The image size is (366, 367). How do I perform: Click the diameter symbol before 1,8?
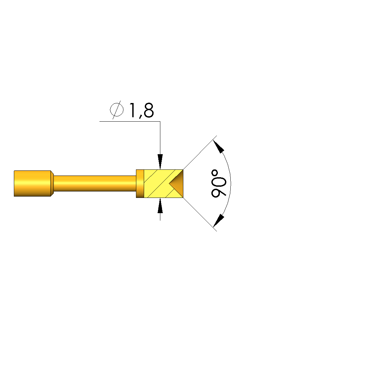click(x=117, y=109)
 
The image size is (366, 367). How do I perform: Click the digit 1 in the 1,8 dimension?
click(x=133, y=110)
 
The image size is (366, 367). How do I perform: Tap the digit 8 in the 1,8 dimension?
click(x=149, y=110)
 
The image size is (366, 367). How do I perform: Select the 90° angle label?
click(x=219, y=184)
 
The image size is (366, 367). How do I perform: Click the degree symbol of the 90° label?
click(x=215, y=174)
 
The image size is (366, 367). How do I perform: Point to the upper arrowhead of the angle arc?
click(x=219, y=146)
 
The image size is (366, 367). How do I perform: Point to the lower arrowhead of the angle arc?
click(x=219, y=221)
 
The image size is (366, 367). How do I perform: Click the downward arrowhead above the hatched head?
click(x=160, y=162)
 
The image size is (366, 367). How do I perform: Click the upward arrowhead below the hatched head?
click(x=160, y=206)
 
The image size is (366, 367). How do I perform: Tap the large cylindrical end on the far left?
click(x=32, y=184)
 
